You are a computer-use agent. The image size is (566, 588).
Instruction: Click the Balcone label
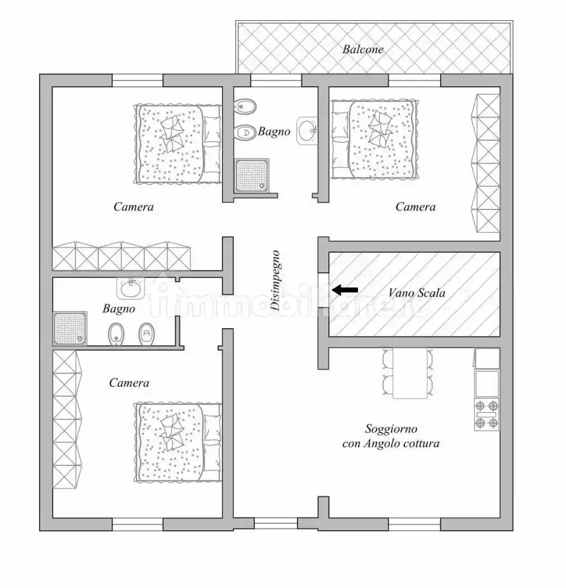click(363, 49)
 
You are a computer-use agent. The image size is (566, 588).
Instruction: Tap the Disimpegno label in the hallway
click(275, 280)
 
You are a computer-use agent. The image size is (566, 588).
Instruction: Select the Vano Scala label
click(417, 292)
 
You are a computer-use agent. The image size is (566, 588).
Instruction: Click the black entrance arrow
click(345, 290)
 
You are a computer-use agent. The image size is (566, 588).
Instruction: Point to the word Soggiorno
click(391, 428)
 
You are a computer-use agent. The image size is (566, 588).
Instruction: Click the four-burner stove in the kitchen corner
click(487, 414)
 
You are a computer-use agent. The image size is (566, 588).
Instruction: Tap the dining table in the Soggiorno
click(410, 374)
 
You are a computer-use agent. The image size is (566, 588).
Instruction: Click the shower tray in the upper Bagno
click(252, 175)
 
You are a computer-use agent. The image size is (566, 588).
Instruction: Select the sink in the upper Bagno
click(307, 130)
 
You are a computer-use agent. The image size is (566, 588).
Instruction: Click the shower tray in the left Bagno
click(70, 329)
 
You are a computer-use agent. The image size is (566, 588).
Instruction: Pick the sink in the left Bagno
click(131, 288)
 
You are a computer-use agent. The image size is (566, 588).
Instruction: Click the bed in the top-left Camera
click(177, 144)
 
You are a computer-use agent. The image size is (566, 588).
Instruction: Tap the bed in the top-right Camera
click(375, 139)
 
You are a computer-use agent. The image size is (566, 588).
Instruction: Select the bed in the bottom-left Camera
click(178, 442)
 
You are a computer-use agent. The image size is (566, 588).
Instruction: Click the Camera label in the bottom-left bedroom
click(129, 383)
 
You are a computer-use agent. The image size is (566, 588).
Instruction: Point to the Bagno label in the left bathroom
click(119, 309)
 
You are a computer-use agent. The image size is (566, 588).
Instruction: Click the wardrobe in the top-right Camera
click(485, 163)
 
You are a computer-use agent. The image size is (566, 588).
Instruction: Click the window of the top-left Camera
click(138, 80)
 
